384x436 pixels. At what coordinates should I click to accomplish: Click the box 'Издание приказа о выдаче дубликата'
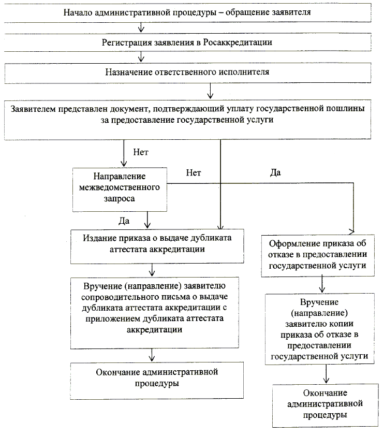click(157, 244)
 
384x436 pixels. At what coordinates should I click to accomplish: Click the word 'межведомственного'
click(120, 186)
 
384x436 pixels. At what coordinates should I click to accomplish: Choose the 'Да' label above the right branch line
click(275, 173)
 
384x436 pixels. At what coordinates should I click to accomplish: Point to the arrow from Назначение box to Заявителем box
click(210, 90)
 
